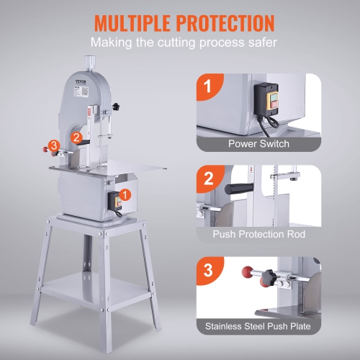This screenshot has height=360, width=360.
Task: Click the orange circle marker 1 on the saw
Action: (x=125, y=194)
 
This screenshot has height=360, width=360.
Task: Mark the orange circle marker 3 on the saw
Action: (x=54, y=147)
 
